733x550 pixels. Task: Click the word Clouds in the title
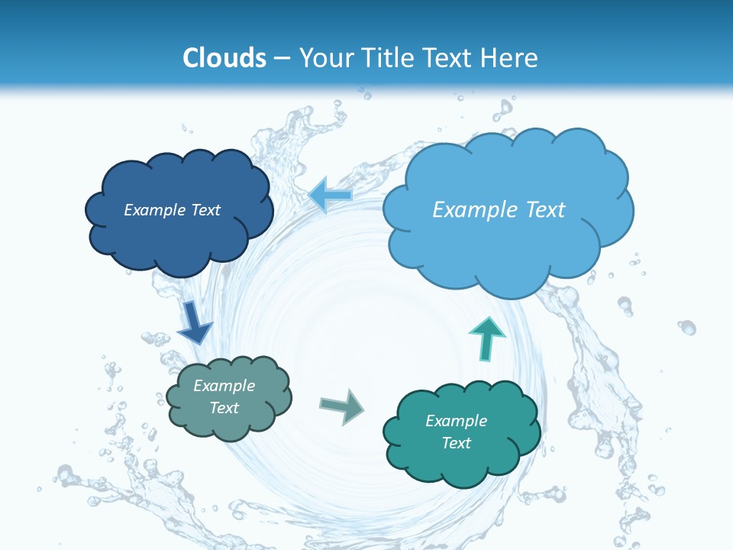[x=224, y=58]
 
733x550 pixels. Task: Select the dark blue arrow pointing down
[x=194, y=321]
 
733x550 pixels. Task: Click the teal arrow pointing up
[x=486, y=338]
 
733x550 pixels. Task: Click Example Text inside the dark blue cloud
[x=172, y=210]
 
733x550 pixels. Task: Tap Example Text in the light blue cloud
[x=499, y=210]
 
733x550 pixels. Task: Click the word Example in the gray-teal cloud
[x=224, y=386]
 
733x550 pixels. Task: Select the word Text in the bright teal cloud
[x=456, y=443]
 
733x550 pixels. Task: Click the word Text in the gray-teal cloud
[x=224, y=408]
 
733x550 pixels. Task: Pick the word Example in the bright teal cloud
[x=456, y=421]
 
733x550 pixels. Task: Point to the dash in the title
[x=282, y=58]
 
